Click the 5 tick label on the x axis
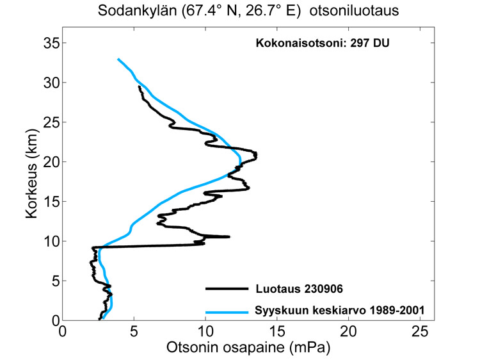pos(133,332)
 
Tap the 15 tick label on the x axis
pos(276,332)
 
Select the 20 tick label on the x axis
pos(348,332)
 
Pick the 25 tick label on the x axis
pos(419,332)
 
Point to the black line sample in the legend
pos(226,289)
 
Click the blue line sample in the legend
pos(226,312)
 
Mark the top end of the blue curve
pos(118,60)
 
